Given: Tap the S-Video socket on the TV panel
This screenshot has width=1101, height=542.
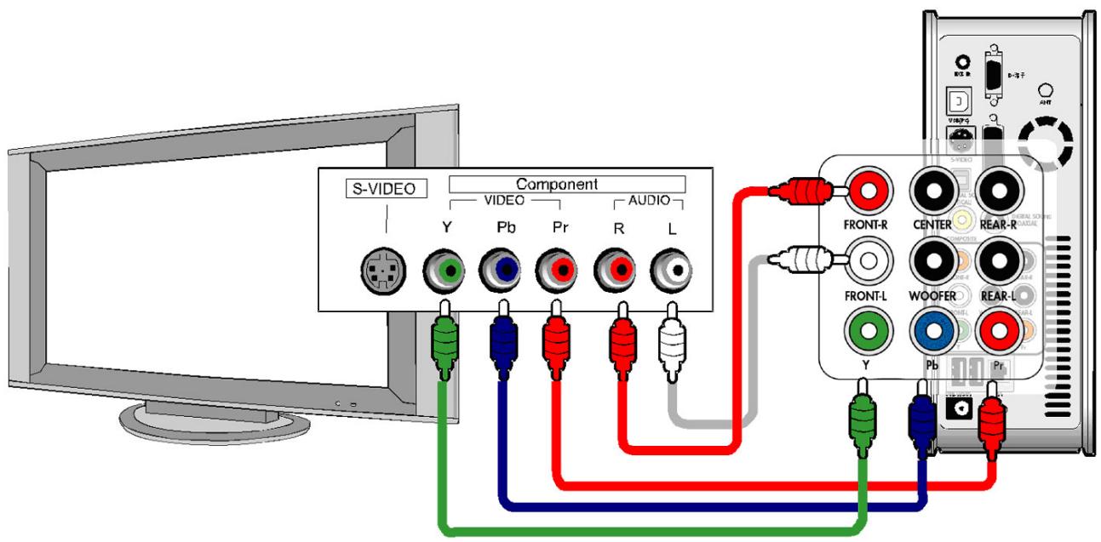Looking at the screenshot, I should tap(381, 271).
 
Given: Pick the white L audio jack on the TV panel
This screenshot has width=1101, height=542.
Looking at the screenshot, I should tap(669, 271).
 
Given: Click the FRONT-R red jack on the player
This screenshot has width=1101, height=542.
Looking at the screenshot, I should tap(868, 191).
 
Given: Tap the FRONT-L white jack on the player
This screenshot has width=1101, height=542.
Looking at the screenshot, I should tap(868, 260).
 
